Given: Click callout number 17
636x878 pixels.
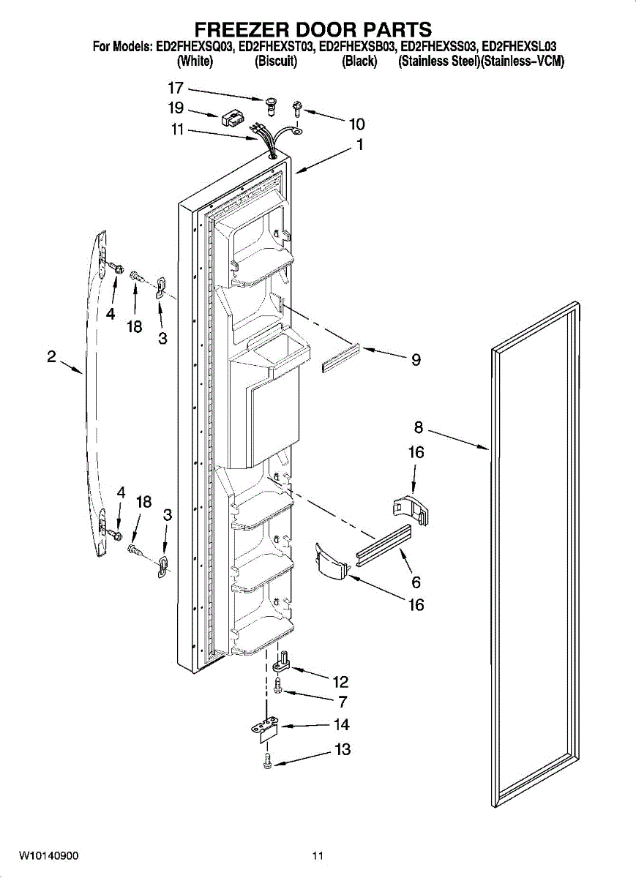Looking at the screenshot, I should (176, 89).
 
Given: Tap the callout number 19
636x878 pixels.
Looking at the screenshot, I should (176, 109).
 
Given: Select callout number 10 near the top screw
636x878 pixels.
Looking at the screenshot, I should (356, 124).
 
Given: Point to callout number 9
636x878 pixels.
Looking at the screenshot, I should (416, 359).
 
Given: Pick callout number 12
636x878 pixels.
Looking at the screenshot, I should (340, 682).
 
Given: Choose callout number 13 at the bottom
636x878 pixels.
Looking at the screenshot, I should (342, 749).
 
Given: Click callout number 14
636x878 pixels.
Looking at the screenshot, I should (342, 725).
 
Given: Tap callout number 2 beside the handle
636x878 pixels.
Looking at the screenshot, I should (52, 357).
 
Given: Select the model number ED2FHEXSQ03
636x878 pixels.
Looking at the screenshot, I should (195, 48).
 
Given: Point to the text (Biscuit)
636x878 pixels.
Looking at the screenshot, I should (276, 62).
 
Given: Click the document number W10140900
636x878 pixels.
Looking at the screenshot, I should (49, 855).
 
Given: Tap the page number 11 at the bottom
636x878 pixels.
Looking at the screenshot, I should (317, 855).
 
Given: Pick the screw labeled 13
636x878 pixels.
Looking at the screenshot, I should (268, 761).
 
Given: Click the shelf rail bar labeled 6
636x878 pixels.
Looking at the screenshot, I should (384, 545).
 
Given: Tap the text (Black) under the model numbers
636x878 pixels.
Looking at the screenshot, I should (359, 62).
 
